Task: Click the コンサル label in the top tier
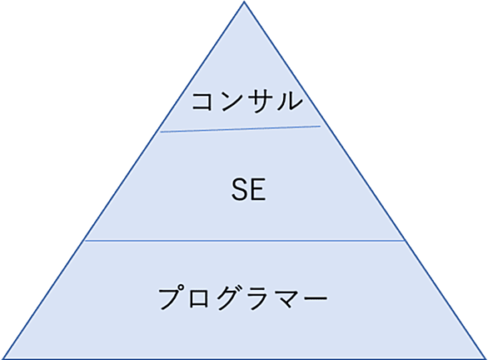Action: pyautogui.click(x=247, y=101)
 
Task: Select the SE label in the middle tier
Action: pyautogui.click(x=248, y=189)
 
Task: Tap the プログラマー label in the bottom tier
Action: pyautogui.click(x=243, y=297)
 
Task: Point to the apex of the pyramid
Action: pyautogui.click(x=244, y=2)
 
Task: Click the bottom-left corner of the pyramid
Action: pyautogui.click(x=2, y=358)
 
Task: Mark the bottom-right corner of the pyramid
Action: pyautogui.click(x=486, y=358)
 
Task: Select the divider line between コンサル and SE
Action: pyautogui.click(x=241, y=129)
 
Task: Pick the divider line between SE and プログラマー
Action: pyautogui.click(x=245, y=240)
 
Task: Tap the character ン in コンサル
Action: pyautogui.click(x=231, y=102)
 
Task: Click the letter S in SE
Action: pyautogui.click(x=239, y=189)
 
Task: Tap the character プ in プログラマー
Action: pyautogui.click(x=171, y=297)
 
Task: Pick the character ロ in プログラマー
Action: pyautogui.click(x=198, y=298)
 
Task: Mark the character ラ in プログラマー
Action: pyautogui.click(x=257, y=297)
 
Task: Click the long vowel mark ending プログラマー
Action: pyautogui.click(x=314, y=297)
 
